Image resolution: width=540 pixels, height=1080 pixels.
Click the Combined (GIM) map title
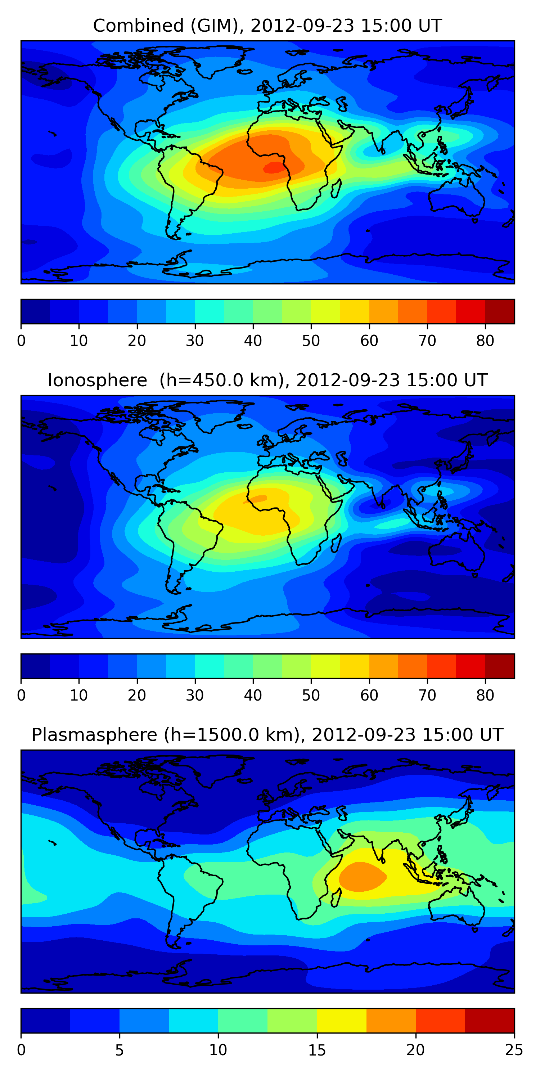(267, 26)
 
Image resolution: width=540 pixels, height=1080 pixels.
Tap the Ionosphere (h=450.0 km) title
(267, 381)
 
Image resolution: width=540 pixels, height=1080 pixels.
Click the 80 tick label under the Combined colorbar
(485, 341)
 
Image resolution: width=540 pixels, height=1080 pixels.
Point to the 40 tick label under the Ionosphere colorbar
(253, 695)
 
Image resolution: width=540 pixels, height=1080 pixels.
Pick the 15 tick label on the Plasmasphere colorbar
(317, 1050)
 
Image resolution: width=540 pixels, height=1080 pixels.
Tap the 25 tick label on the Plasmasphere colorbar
(514, 1050)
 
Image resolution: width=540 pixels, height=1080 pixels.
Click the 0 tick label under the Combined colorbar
(21, 341)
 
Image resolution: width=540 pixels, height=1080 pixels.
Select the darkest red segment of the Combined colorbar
(500, 311)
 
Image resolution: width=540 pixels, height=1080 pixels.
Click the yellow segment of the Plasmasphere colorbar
(342, 1021)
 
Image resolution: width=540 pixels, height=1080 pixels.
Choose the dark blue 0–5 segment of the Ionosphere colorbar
(36, 666)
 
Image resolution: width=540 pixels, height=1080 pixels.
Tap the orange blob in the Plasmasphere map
(362, 876)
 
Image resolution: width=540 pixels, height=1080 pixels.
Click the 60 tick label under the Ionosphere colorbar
(369, 695)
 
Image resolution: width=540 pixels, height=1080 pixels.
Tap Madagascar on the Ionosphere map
(336, 543)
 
